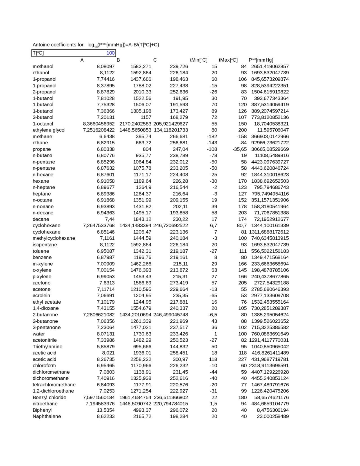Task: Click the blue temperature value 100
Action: (x=110, y=53)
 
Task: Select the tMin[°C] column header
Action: (x=199, y=60)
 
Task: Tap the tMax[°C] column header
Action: (x=228, y=60)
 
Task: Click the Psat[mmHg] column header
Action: (x=261, y=60)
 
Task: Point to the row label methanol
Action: (x=43, y=66)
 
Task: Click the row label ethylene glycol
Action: (x=49, y=130)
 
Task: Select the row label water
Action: (x=39, y=334)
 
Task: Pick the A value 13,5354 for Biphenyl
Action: (x=106, y=410)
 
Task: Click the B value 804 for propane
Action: (x=147, y=149)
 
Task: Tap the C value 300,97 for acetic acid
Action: (x=180, y=359)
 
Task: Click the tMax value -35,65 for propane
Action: (x=240, y=149)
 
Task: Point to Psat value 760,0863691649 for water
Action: (x=270, y=334)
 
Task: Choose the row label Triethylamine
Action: (x=48, y=346)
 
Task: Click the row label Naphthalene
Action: (x=47, y=416)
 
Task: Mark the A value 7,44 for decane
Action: (x=110, y=219)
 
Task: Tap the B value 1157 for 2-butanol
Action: (x=146, y=117)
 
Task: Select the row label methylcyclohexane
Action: (x=54, y=238)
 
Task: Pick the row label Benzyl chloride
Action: (x=49, y=397)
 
